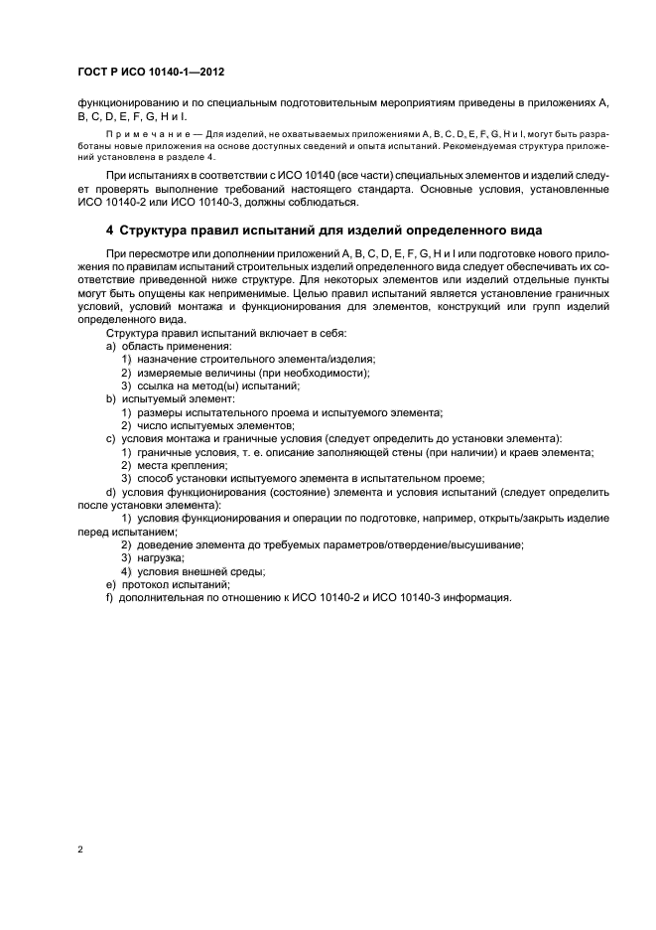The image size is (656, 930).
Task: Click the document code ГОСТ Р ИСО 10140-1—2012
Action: click(156, 73)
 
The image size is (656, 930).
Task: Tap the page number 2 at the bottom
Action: click(79, 851)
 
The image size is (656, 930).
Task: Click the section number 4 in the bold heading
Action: click(110, 231)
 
